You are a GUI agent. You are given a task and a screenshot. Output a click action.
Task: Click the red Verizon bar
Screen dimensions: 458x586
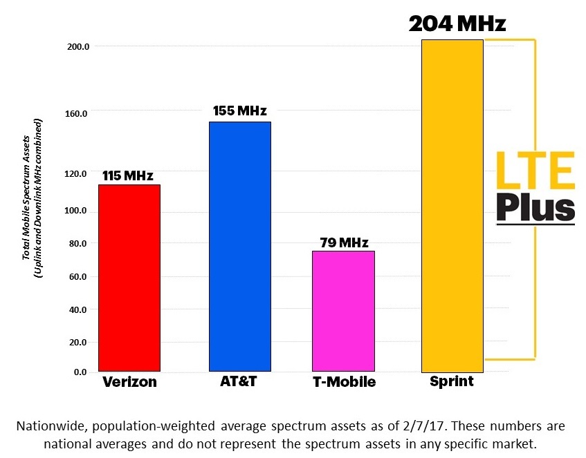129,278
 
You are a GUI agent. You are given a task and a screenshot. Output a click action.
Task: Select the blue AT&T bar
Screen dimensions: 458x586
240,247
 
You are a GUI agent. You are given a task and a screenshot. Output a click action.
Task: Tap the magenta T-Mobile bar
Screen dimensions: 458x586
343,311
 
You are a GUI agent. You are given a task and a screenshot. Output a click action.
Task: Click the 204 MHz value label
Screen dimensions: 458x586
457,24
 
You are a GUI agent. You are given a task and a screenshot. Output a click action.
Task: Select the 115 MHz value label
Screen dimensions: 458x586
128,175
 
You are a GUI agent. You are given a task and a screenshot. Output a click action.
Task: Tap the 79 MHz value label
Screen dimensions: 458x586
344,242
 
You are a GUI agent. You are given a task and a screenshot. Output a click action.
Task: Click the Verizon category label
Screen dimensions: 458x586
129,382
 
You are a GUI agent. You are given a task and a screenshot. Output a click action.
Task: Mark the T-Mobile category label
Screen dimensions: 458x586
345,382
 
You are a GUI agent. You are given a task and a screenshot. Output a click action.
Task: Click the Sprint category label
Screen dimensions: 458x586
452,381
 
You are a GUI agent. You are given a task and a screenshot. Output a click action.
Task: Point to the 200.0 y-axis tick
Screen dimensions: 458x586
77,46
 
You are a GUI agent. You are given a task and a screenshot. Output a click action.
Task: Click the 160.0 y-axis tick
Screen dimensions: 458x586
77,112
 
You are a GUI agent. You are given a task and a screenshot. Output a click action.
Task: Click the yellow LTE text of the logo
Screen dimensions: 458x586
535,173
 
